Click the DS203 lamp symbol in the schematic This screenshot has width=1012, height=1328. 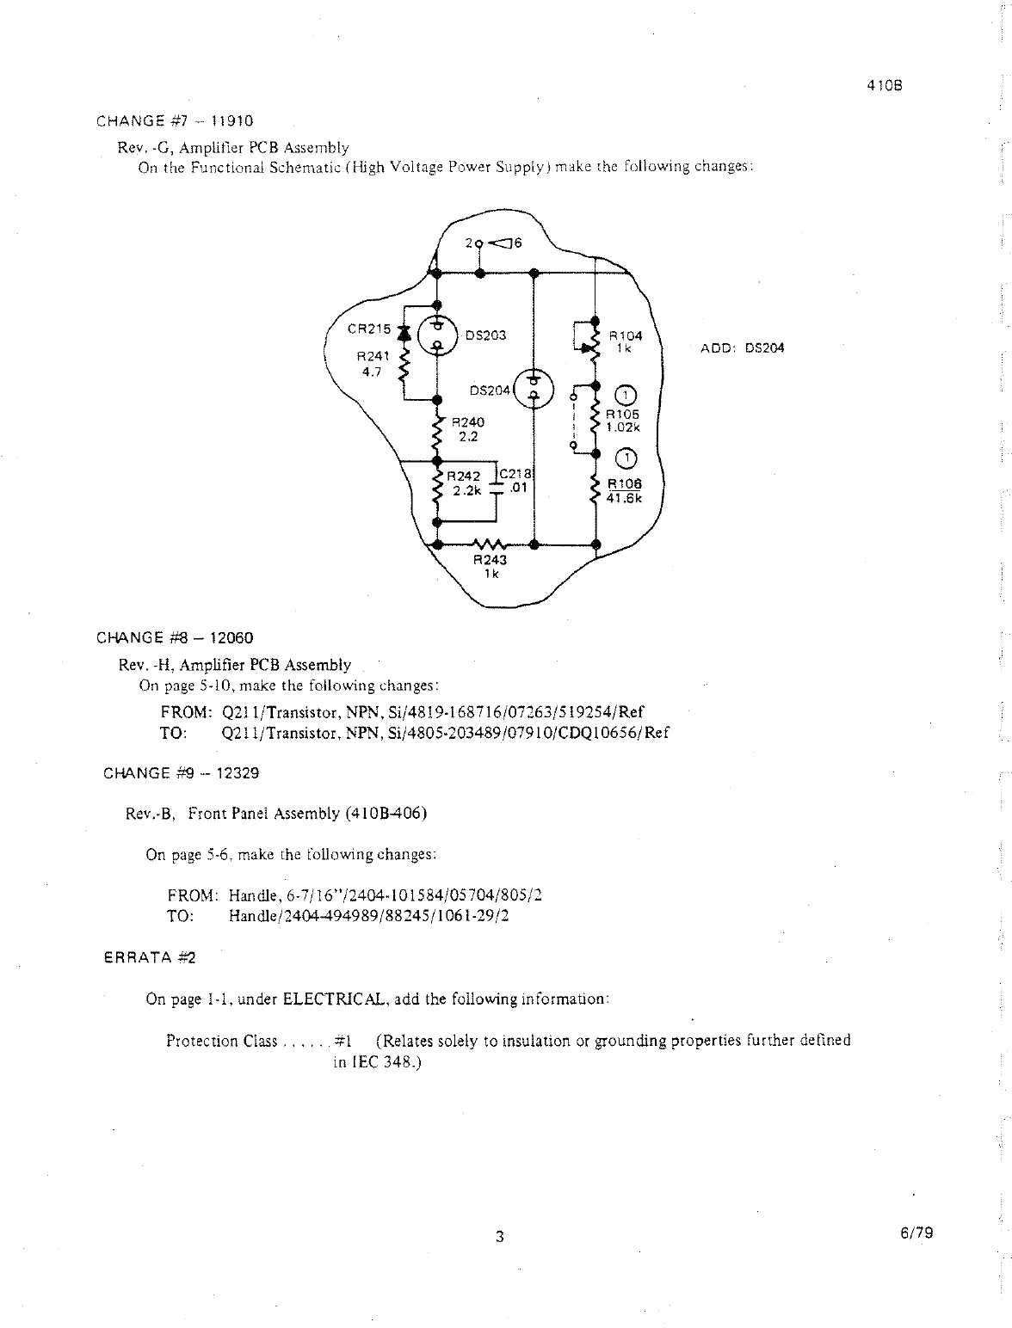point(437,336)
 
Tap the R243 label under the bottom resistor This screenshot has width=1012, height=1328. point(491,560)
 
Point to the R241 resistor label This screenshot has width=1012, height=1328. point(373,355)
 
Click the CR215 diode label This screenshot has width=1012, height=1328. point(369,329)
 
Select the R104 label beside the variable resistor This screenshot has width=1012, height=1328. point(626,335)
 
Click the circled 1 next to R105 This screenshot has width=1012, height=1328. point(627,396)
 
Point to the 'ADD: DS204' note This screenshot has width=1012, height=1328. point(743,348)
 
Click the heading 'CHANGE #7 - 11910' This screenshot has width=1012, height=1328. point(175,120)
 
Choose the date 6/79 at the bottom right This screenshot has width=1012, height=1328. point(916,1233)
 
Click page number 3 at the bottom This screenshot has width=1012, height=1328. point(498,1237)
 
